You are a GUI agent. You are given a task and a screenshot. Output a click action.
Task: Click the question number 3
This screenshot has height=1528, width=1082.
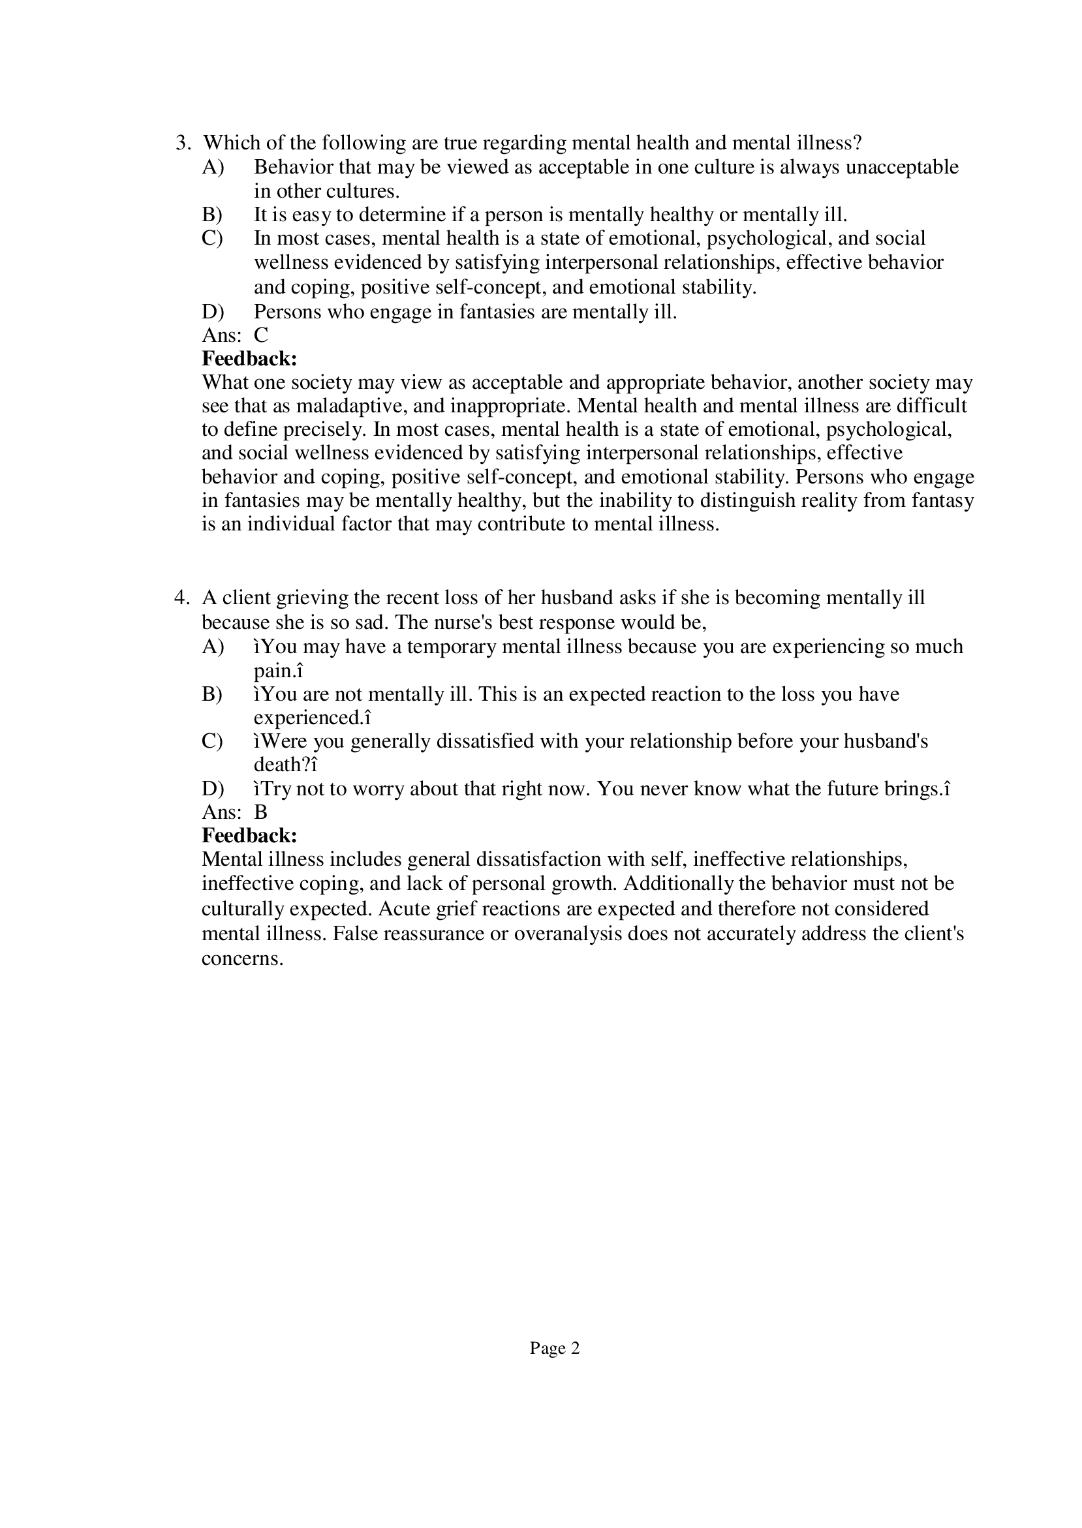181,143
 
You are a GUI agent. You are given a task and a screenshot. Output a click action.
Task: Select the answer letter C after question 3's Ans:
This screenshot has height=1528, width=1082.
260,335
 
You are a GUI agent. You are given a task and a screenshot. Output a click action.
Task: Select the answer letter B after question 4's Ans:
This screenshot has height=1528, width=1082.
260,812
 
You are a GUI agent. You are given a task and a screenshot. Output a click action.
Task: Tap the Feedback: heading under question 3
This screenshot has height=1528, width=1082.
249,359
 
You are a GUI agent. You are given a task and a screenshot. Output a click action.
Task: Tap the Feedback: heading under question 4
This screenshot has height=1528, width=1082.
249,835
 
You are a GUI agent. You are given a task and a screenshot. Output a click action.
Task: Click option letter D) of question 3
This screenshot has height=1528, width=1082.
213,312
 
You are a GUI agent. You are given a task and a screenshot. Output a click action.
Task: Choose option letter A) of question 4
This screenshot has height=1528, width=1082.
213,647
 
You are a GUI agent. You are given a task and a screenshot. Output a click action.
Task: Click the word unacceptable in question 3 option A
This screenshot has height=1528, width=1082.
901,167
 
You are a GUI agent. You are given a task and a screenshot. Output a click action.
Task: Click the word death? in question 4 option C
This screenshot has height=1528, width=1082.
281,765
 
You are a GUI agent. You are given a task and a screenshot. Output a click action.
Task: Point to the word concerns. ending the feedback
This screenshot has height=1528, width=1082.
243,959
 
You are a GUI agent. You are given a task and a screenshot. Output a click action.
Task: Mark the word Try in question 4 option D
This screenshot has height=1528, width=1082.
276,789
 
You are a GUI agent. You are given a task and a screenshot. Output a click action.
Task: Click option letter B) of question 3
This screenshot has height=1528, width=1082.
212,215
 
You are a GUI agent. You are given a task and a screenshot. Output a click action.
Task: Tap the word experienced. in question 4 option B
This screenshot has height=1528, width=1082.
310,719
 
